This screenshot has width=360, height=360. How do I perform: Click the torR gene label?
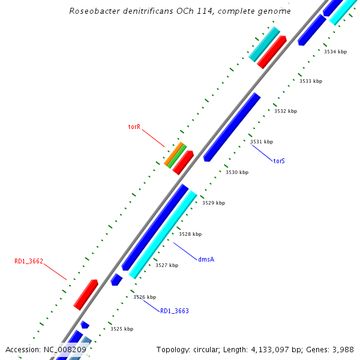[x=134, y=127]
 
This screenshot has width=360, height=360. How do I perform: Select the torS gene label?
[x=279, y=161]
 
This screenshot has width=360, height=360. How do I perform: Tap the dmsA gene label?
[x=206, y=259]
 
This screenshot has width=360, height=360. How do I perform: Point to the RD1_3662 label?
[x=29, y=262]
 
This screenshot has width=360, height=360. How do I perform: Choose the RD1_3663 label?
[x=174, y=311]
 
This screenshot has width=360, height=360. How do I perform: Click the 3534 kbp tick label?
[x=335, y=52]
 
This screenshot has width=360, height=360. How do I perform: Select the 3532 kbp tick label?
[x=286, y=111]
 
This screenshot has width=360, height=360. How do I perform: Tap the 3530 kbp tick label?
[x=237, y=172]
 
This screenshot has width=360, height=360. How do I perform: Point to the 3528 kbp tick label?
[x=190, y=234]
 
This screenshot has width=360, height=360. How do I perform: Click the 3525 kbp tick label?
[x=122, y=329]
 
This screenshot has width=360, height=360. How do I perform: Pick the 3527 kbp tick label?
[x=166, y=265]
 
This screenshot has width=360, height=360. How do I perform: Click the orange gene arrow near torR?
[x=173, y=154]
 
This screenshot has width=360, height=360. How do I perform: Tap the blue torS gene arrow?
[x=232, y=127]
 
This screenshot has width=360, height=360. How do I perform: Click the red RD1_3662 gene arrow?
[x=86, y=294]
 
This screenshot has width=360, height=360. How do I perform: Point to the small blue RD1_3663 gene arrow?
[x=116, y=279]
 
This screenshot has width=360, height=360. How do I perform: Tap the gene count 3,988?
[x=343, y=349]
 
